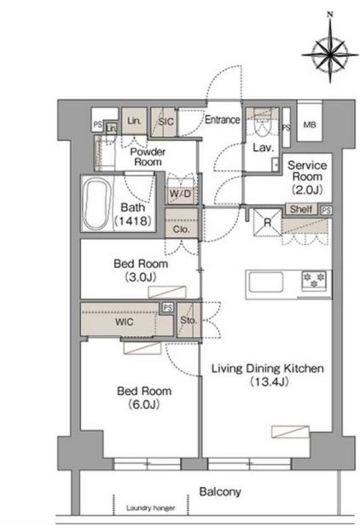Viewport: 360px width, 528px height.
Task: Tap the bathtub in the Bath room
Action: click(97, 204)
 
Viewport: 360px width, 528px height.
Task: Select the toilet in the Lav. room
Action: click(262, 126)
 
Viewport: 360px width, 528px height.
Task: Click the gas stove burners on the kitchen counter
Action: click(314, 280)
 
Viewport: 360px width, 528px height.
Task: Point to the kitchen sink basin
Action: click(265, 282)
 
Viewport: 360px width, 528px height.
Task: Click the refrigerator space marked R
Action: click(267, 223)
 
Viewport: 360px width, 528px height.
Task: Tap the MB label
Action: click(310, 125)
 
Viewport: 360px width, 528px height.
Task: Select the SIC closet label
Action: click(166, 121)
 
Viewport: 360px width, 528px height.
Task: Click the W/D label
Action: click(180, 194)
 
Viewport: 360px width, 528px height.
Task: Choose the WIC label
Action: click(125, 322)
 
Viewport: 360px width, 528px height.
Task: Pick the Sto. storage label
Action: click(189, 320)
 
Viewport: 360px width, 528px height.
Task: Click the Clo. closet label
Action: click(181, 229)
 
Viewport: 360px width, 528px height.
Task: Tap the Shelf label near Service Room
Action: click(301, 209)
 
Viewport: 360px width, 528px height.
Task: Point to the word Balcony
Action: click(220, 491)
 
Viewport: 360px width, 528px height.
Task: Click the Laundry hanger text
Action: click(150, 508)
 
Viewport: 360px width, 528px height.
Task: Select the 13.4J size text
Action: click(270, 382)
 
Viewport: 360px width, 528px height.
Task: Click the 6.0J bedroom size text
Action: click(144, 404)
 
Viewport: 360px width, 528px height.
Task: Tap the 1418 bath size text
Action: click(133, 221)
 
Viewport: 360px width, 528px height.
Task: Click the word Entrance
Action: click(223, 119)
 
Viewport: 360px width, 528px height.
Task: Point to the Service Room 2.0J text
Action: click(307, 177)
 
